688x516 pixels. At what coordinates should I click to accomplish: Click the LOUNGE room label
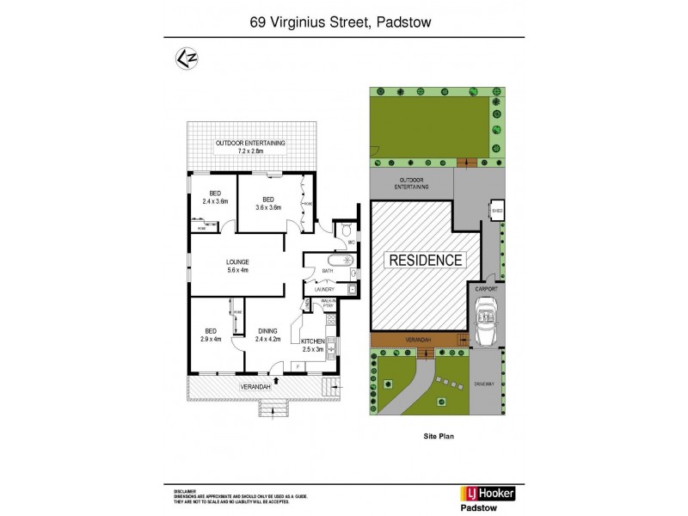pos(238,261)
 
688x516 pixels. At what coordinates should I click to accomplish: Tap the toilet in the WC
pos(344,230)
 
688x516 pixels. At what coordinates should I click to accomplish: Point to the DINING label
pos(267,330)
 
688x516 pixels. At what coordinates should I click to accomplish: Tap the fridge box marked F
pos(298,367)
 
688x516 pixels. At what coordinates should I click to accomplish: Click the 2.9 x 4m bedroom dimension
pos(210,338)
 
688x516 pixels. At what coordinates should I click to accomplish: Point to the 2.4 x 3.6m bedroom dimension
pos(217,201)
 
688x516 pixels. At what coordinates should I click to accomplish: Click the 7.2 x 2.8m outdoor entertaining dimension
pos(250,150)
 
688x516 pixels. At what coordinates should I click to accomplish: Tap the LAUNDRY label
pos(324,290)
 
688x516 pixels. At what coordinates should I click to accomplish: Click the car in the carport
pos(486,328)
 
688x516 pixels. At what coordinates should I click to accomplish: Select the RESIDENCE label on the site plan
pos(427,260)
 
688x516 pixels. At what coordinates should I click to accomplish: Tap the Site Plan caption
pos(438,437)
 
